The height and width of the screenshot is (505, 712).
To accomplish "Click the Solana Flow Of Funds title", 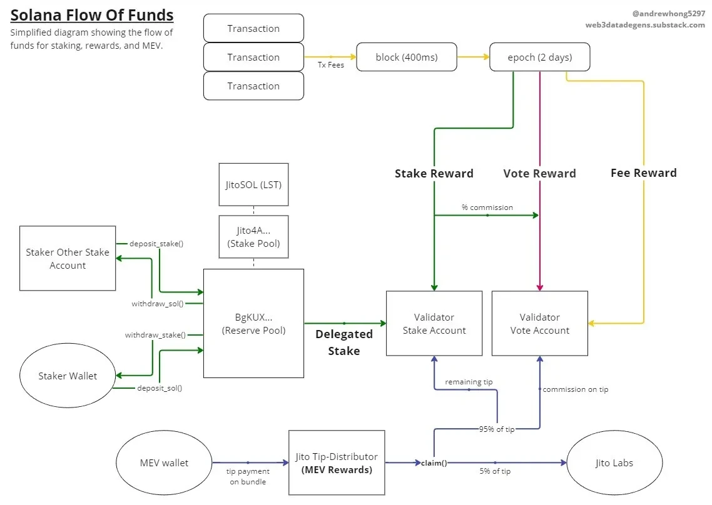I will pyautogui.click(x=92, y=16).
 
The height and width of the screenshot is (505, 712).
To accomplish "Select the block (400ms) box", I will pyautogui.click(x=407, y=57).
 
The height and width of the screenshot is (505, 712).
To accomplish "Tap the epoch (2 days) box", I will pyautogui.click(x=539, y=57).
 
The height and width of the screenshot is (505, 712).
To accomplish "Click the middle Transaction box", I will pyautogui.click(x=253, y=57).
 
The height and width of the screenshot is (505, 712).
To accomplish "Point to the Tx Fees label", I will pyautogui.click(x=331, y=65).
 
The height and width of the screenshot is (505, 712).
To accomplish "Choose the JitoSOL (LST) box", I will pyautogui.click(x=253, y=184).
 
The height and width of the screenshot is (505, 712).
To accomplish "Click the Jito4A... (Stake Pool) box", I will pyautogui.click(x=253, y=237).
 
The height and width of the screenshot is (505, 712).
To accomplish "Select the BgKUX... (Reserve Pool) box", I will pyautogui.click(x=253, y=323).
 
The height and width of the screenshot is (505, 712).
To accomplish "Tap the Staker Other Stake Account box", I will pyautogui.click(x=68, y=259).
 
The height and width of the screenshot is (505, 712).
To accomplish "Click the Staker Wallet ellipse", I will pyautogui.click(x=68, y=376).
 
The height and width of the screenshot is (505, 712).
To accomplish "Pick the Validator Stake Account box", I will pyautogui.click(x=434, y=324).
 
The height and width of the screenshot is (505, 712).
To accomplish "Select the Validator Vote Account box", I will pyautogui.click(x=540, y=324).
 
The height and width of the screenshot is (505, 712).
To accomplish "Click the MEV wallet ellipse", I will pyautogui.click(x=164, y=463).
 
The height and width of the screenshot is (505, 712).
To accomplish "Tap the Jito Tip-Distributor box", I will pyautogui.click(x=337, y=463).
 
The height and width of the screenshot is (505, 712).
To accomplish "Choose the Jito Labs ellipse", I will pyautogui.click(x=614, y=463).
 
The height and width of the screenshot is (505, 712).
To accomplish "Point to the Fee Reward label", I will pyautogui.click(x=643, y=173).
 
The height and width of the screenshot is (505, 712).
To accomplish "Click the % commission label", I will pyautogui.click(x=487, y=207).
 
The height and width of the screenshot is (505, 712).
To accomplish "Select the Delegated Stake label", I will pyautogui.click(x=343, y=342).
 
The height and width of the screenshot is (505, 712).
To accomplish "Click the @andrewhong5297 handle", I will pyautogui.click(x=668, y=13).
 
